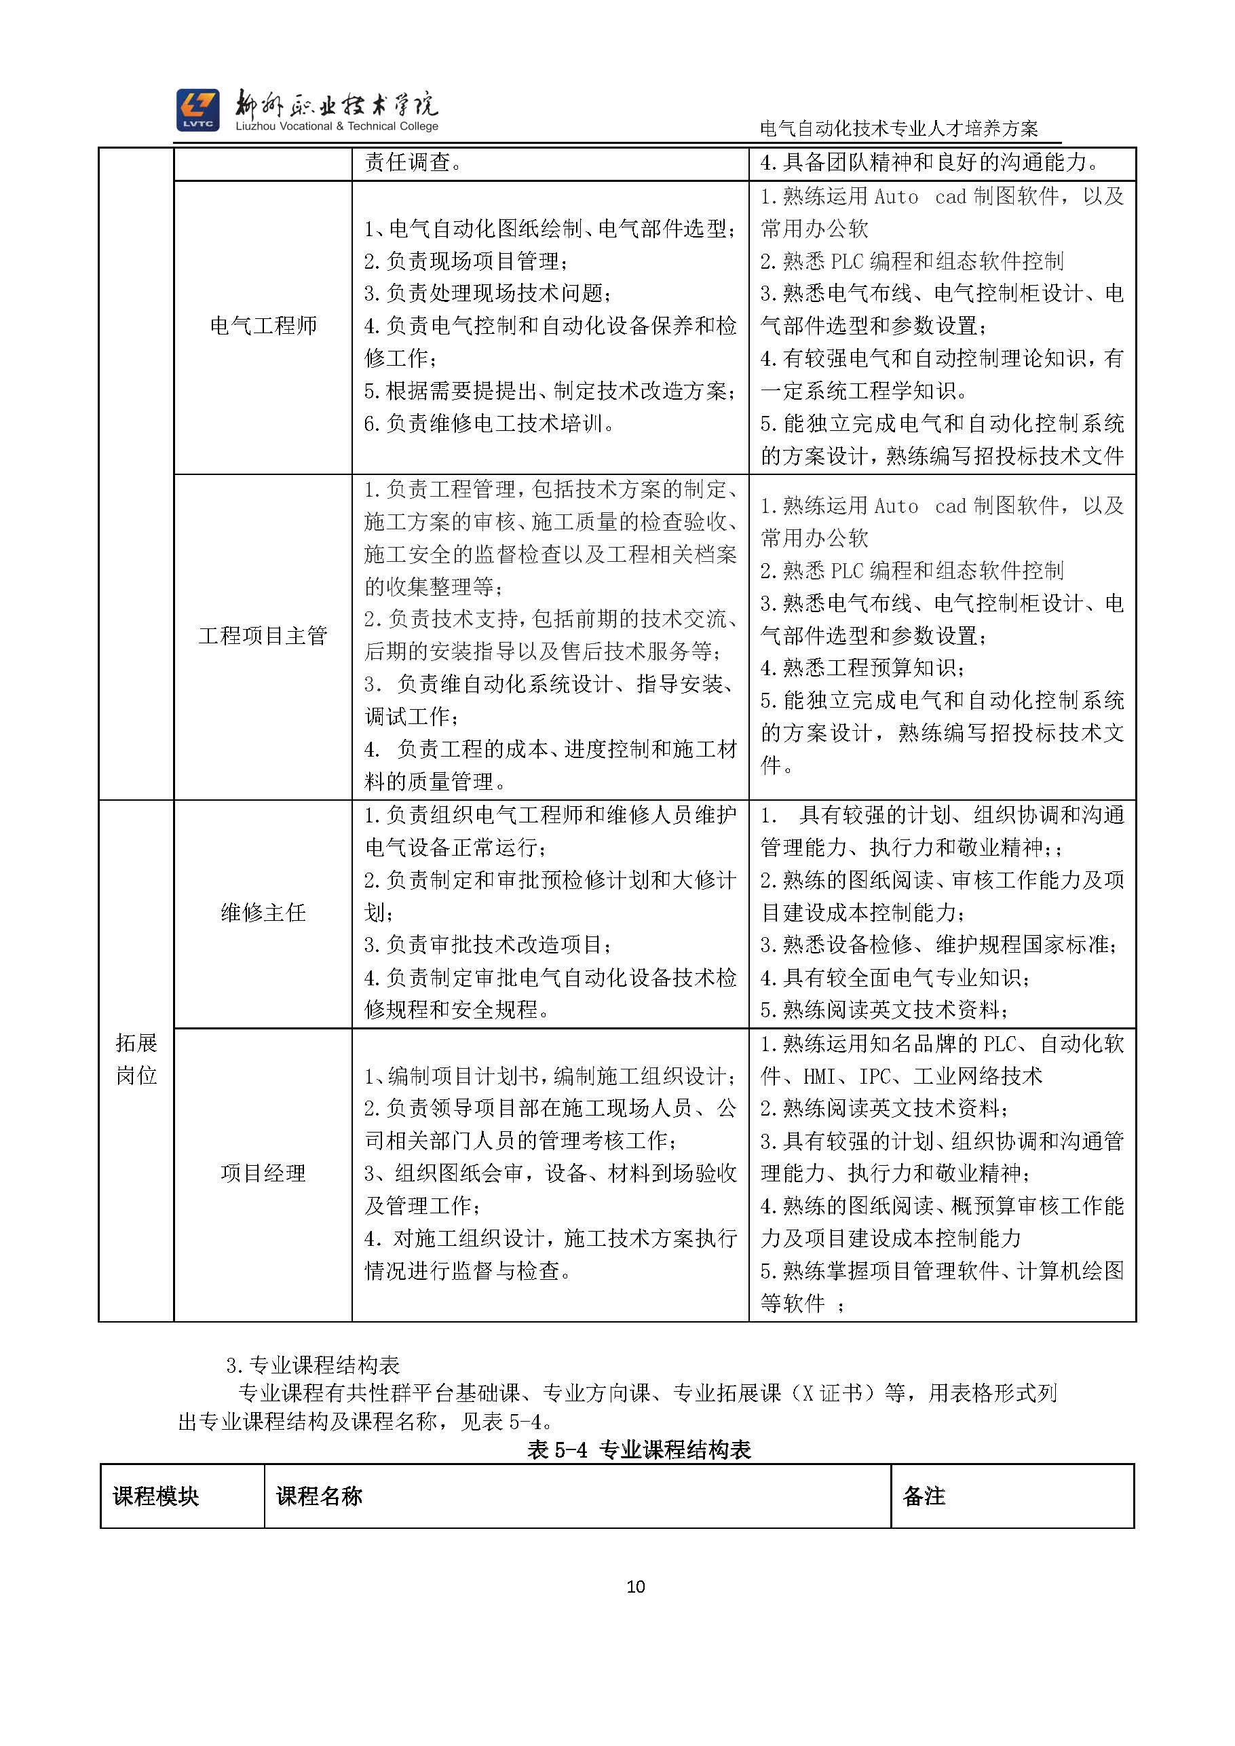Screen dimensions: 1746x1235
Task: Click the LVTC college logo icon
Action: pyautogui.click(x=197, y=109)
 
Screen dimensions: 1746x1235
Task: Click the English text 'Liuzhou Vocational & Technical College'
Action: pyautogui.click(x=337, y=126)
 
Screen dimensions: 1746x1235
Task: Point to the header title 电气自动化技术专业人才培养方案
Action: pyautogui.click(x=899, y=128)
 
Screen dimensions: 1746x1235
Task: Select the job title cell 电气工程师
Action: pyautogui.click(x=263, y=326)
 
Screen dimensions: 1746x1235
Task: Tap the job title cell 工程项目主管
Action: pyautogui.click(x=263, y=636)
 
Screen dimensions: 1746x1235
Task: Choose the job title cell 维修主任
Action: pyautogui.click(x=263, y=913)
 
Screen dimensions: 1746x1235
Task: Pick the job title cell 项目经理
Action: pyautogui.click(x=263, y=1173)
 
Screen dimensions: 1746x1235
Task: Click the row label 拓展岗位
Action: pyautogui.click(x=137, y=1059)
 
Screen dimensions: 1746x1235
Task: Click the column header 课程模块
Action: pyautogui.click(x=156, y=1496)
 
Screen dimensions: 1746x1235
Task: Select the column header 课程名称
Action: pyautogui.click(x=320, y=1496)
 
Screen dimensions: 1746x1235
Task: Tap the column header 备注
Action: pyautogui.click(x=924, y=1496)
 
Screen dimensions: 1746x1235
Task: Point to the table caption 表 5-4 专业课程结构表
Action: pyautogui.click(x=639, y=1449)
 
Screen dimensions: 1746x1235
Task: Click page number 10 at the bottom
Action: pyautogui.click(x=636, y=1586)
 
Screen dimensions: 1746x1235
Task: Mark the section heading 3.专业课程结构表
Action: pyautogui.click(x=313, y=1365)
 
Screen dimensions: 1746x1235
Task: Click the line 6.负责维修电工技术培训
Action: pyautogui.click(x=490, y=423)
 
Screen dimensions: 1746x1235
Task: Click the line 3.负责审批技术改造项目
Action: pyautogui.click(x=488, y=945)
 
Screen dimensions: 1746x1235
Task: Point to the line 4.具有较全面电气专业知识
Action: pyautogui.click(x=895, y=977)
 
